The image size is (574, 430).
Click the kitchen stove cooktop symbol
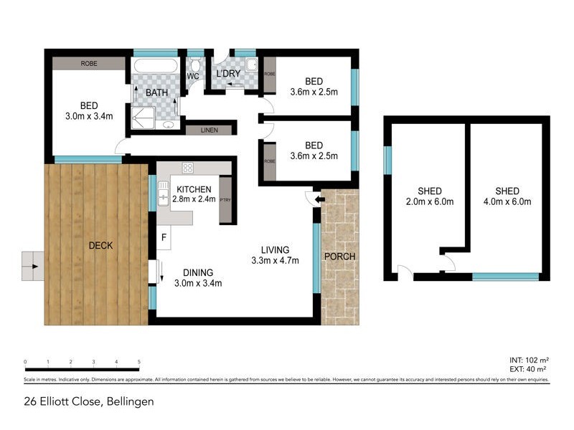coord(188,168)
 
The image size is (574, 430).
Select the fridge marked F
coord(164,237)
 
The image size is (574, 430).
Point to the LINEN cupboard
coord(210,130)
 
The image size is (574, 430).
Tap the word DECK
coord(100,246)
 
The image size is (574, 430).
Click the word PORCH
coord(340,257)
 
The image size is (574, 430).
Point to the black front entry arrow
coord(319,197)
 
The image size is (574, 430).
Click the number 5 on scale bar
coord(139,363)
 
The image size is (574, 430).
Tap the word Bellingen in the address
coord(129,402)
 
